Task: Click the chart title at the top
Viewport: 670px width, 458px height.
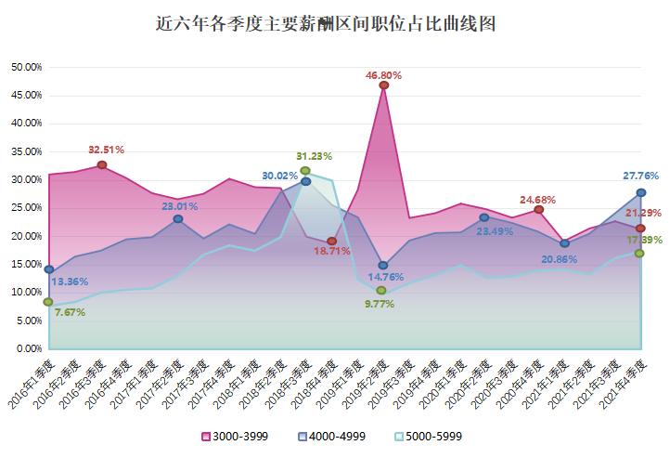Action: (x=326, y=23)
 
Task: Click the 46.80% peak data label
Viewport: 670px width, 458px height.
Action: (x=383, y=73)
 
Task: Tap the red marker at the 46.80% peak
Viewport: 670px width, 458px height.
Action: (x=383, y=85)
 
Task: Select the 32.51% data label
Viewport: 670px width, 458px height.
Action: (x=106, y=150)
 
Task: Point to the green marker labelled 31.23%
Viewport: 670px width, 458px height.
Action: (x=305, y=171)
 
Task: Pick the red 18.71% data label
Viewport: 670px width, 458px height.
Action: (x=331, y=252)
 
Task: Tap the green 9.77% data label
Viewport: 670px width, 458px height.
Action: (x=380, y=303)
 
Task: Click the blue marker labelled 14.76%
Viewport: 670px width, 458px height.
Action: (x=383, y=266)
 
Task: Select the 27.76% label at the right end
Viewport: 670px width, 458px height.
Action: (x=641, y=176)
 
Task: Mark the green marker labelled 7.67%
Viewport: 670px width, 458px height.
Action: (x=48, y=302)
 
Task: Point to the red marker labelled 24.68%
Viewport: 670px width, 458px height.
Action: (x=538, y=210)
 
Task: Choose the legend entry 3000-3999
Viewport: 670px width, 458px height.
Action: (x=235, y=436)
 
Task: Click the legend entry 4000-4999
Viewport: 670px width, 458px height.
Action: (x=331, y=436)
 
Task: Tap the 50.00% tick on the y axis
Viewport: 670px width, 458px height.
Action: (x=26, y=67)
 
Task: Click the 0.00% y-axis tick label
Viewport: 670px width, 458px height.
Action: (x=28, y=349)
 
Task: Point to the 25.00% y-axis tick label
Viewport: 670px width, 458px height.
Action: (x=26, y=208)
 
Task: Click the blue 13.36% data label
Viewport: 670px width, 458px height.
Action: (x=69, y=281)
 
